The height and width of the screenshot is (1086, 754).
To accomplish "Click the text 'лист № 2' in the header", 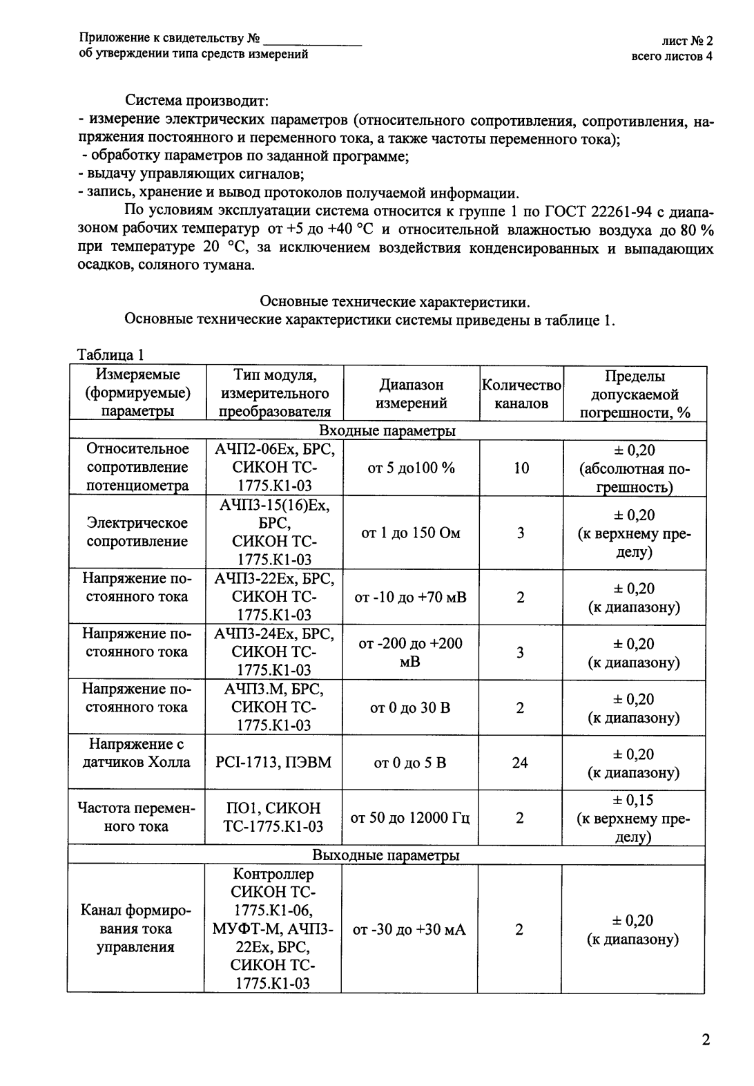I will coord(687,42).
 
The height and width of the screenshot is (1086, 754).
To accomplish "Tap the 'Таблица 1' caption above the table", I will coord(111,356).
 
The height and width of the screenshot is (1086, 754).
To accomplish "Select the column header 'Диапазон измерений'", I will coord(411,394).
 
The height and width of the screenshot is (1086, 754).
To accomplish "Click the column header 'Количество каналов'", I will coord(521,394).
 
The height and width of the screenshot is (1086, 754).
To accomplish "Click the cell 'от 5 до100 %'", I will coord(411,468).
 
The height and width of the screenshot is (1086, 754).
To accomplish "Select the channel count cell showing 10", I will coord(521,468).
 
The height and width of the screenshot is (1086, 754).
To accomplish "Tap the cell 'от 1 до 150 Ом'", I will coord(411,533).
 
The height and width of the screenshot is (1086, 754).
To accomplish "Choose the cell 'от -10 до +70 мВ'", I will coord(411,597).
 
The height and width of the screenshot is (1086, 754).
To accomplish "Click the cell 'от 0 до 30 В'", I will coord(411,707).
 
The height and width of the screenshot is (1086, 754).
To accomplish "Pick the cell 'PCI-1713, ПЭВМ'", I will coord(273,763).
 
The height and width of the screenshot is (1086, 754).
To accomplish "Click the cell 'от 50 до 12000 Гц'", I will coord(411,818).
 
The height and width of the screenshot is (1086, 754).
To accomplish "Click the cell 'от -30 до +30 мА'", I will coord(409,930).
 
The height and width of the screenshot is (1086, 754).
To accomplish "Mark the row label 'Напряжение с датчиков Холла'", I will coord(136,754).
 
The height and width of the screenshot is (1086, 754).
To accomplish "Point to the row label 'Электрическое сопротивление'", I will coord(137,533).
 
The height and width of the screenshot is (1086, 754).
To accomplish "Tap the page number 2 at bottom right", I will coord(706,1040).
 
